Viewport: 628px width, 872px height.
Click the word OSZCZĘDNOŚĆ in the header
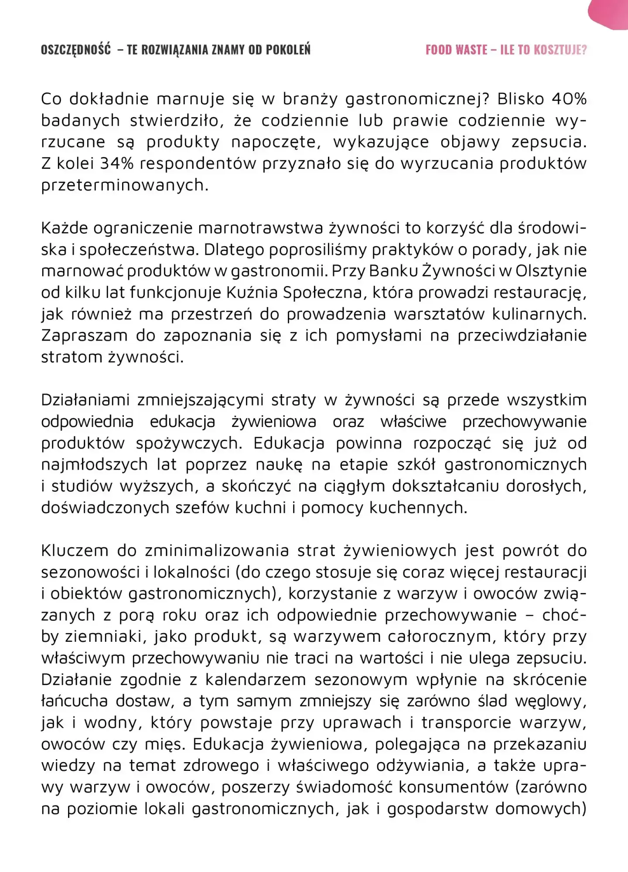(76, 50)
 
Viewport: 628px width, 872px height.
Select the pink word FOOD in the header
(438, 50)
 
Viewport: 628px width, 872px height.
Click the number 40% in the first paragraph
(569, 99)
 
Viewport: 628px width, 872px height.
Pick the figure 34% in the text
(117, 164)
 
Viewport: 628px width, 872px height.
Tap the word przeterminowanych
(124, 186)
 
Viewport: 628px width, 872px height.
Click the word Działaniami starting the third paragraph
(85, 400)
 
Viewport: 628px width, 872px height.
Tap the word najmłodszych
(94, 465)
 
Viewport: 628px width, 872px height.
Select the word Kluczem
(75, 551)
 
